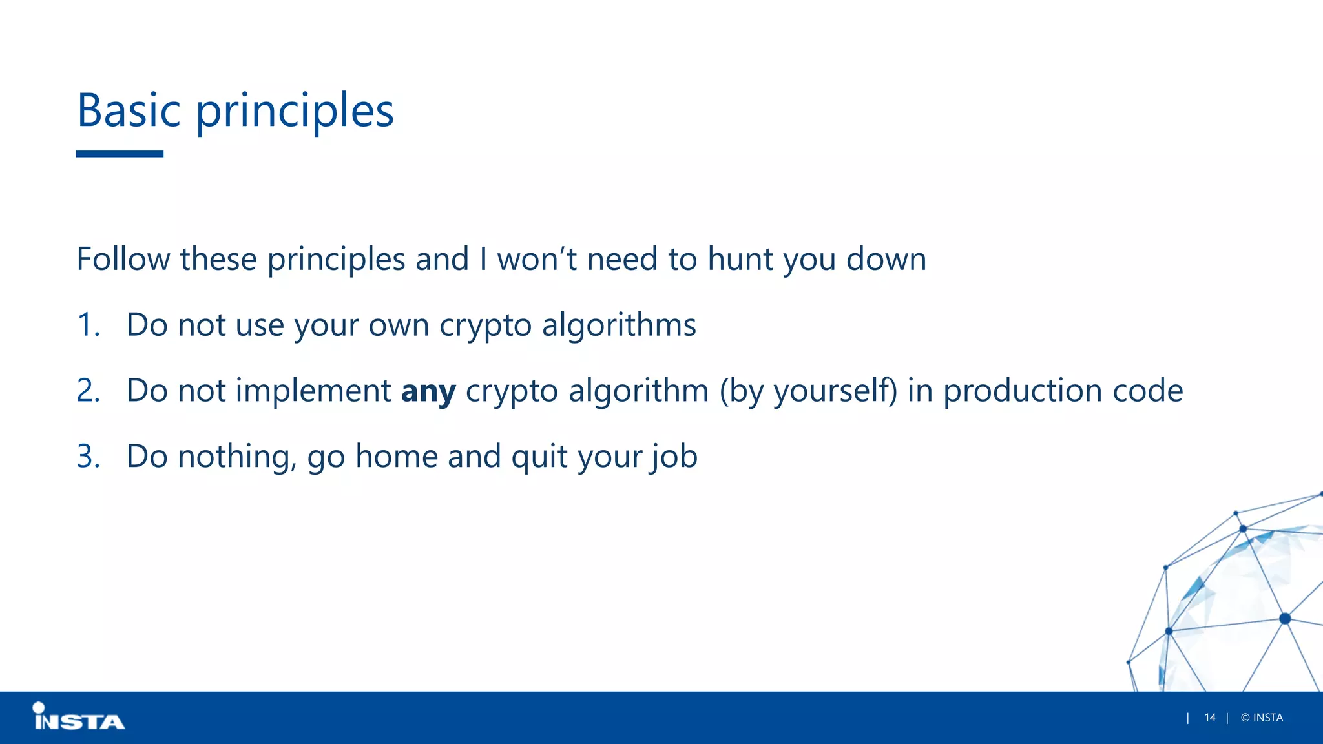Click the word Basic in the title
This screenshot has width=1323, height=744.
point(128,110)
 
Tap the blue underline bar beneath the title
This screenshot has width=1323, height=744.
point(120,154)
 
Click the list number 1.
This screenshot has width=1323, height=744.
point(88,325)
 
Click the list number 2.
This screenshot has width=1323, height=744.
point(88,391)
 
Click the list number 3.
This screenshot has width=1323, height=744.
point(88,457)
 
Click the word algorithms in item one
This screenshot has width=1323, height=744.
point(618,325)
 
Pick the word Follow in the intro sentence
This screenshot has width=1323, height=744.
point(123,260)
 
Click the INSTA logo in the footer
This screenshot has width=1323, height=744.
point(78,717)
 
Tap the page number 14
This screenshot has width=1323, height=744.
point(1210,718)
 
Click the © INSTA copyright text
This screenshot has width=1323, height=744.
point(1262,718)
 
